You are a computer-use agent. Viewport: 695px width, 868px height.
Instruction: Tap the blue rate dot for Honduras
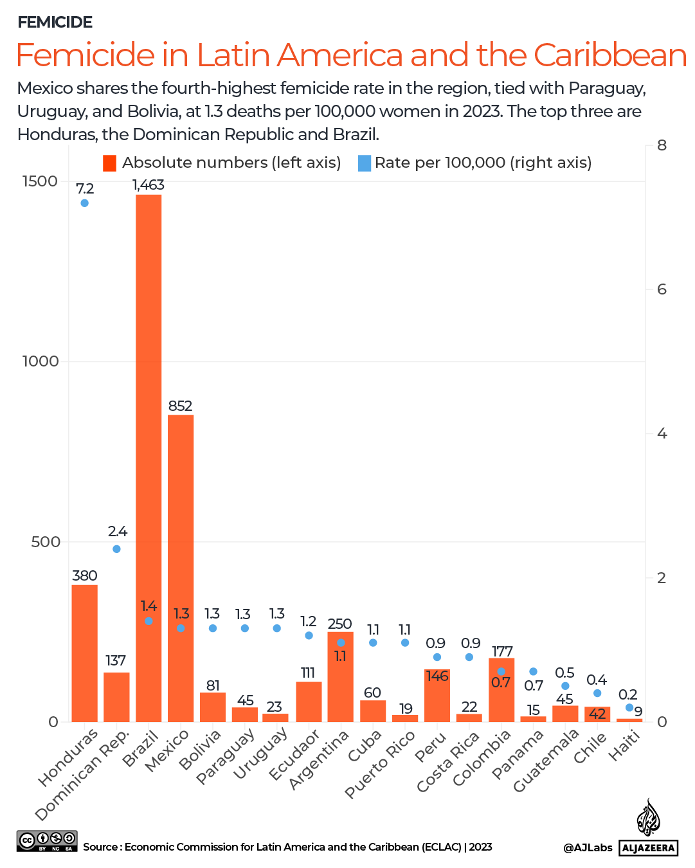coord(84,203)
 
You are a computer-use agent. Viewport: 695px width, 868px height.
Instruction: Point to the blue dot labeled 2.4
coord(116,549)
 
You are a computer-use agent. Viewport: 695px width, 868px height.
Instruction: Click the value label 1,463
coord(149,185)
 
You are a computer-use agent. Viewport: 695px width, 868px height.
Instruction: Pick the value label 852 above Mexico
coord(180,406)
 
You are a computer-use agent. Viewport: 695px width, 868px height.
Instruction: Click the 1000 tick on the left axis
coord(41,361)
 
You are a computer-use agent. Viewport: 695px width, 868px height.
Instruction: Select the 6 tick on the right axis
coord(662,289)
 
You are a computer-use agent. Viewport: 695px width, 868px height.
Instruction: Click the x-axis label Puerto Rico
coord(380,765)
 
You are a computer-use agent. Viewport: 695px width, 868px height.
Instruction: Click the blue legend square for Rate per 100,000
coord(365,163)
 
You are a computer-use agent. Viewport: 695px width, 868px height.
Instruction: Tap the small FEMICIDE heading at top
coord(55,23)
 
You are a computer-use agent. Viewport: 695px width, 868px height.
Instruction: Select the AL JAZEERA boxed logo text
coord(649,847)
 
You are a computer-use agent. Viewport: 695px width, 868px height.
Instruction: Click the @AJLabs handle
coord(588,847)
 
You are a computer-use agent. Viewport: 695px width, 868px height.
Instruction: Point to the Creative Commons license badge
coord(47,841)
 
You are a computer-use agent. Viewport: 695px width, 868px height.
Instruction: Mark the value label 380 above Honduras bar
coord(84,575)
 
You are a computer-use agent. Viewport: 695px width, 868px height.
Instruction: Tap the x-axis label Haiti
coord(625,746)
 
